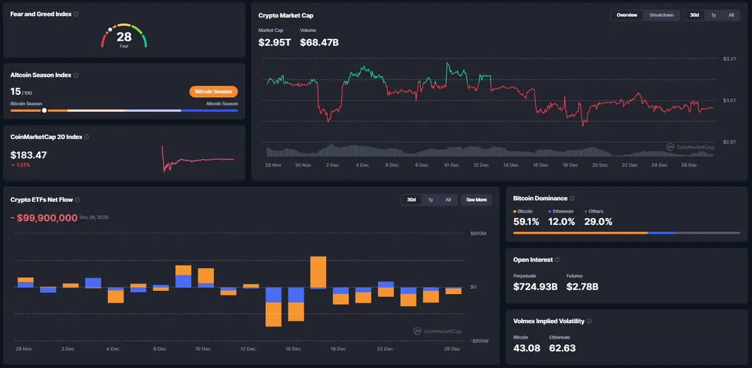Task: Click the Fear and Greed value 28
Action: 124,36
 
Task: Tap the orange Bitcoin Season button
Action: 213,92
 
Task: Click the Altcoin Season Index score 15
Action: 16,92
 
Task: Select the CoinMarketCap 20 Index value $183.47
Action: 29,154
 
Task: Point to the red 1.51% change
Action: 22,165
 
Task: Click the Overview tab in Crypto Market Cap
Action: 627,15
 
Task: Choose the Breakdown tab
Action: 662,15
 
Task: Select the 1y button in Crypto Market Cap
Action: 713,15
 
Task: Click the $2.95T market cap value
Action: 275,42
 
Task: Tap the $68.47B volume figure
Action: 319,42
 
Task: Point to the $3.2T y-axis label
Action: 729,59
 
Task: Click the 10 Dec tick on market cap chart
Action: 451,166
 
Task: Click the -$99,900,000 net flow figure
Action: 43,218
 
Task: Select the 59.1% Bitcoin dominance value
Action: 526,221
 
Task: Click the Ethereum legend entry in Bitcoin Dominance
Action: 561,212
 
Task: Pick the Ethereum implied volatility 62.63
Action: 562,347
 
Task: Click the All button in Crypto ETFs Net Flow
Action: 448,200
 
